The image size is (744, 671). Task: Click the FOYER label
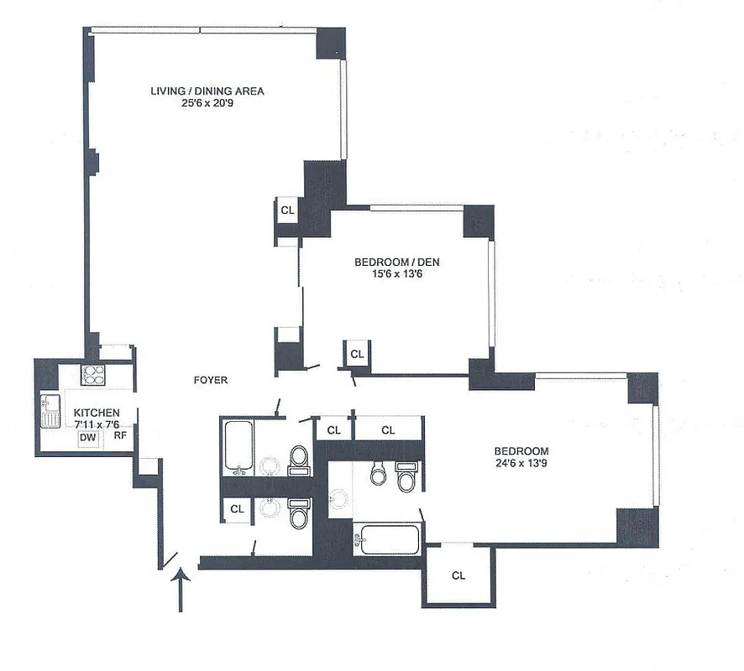point(210,380)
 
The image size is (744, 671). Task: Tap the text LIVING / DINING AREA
point(207,91)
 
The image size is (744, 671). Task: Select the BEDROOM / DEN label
point(397,263)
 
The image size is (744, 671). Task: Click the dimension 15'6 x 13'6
point(397,274)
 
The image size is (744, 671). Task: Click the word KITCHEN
point(97,414)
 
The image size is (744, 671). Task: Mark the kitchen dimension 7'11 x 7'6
point(97,424)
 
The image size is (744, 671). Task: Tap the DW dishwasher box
point(87,438)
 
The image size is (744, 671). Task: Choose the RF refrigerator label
point(120,435)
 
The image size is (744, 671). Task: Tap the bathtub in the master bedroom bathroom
point(385,538)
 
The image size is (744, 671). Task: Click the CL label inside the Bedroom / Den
point(357,354)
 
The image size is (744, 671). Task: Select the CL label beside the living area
point(287,210)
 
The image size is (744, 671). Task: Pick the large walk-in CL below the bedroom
point(458,575)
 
